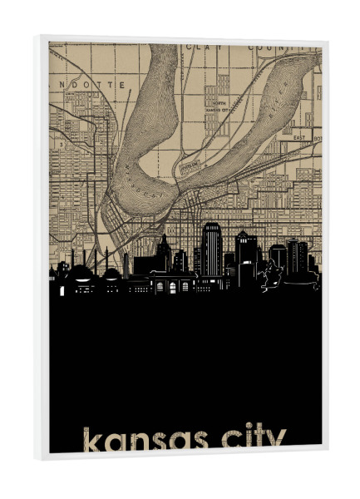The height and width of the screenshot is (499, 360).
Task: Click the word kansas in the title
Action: point(141,439)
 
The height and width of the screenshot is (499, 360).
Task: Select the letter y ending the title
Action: point(277,441)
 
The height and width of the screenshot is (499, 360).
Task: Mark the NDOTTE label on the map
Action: point(98,85)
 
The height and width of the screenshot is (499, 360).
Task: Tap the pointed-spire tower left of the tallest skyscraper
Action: point(165,254)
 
